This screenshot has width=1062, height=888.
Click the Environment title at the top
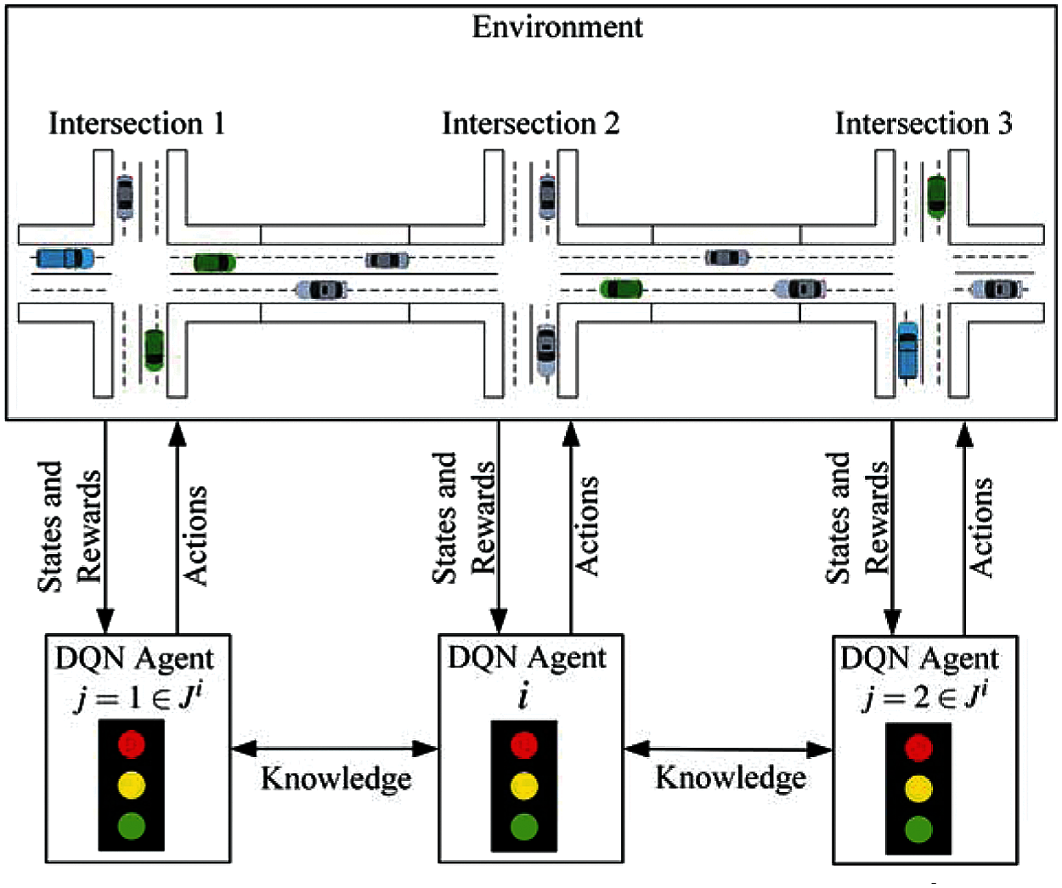click(556, 27)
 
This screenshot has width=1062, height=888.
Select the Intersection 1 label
click(137, 123)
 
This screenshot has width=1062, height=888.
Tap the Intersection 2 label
click(530, 123)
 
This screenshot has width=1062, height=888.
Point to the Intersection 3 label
click(924, 123)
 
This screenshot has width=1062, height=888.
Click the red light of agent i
click(524, 745)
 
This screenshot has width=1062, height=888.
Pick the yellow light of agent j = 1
click(131, 784)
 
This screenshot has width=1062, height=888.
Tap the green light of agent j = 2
click(918, 829)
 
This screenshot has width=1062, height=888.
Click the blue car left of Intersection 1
click(65, 257)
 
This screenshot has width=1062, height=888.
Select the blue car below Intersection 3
click(908, 349)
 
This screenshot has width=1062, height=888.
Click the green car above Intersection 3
click(936, 196)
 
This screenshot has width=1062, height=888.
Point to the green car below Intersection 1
click(154, 349)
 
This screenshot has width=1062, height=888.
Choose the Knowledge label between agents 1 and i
click(336, 778)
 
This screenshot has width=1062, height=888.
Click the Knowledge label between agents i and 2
click(731, 777)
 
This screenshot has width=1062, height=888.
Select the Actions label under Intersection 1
click(195, 535)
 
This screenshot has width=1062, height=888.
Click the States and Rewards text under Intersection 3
click(857, 518)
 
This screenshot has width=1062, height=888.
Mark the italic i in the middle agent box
click(523, 697)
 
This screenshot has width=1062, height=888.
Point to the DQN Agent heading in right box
click(919, 659)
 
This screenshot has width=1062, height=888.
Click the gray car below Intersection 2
click(546, 349)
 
